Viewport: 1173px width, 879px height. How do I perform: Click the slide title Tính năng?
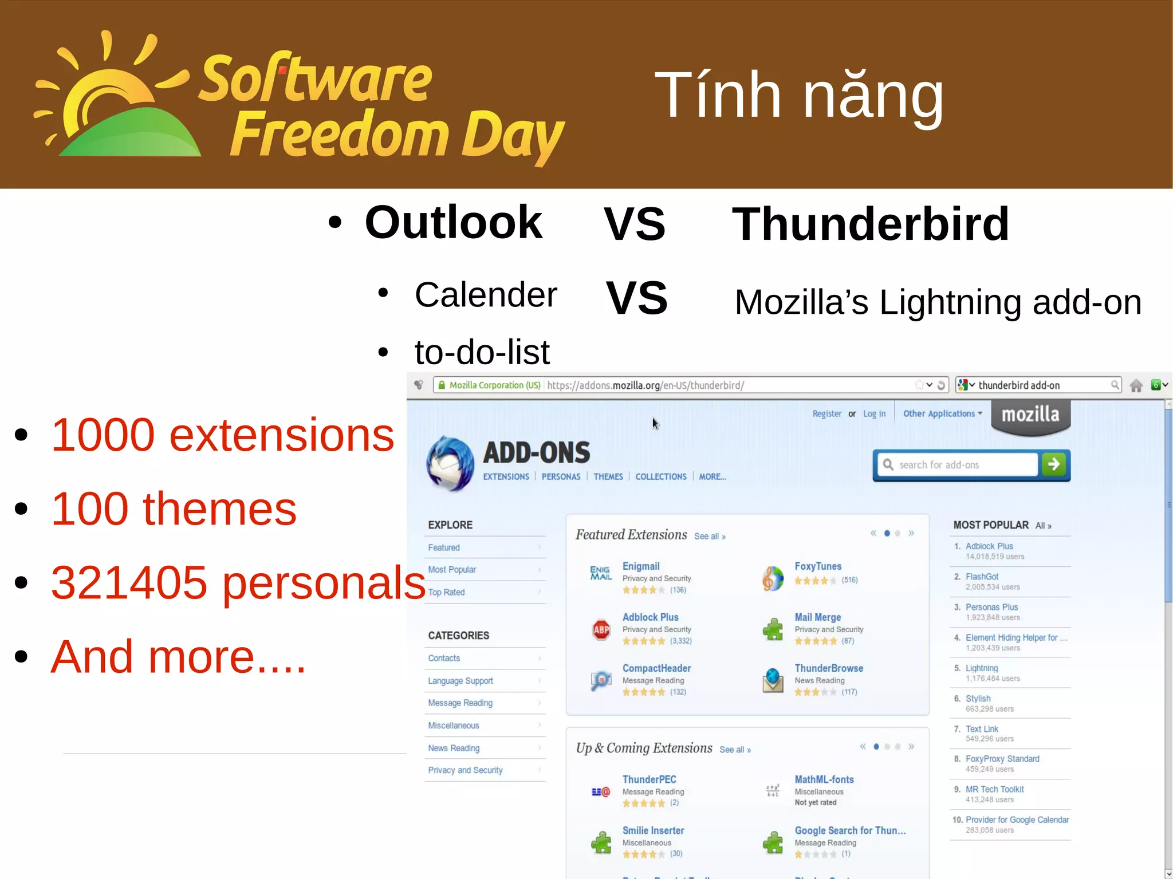(798, 96)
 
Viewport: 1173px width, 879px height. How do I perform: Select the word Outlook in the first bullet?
(453, 223)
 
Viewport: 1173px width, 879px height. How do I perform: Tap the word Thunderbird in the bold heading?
(870, 224)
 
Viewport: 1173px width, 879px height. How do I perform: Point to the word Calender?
(485, 295)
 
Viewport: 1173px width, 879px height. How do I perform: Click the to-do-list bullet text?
(482, 352)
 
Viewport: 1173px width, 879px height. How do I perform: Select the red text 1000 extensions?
(222, 435)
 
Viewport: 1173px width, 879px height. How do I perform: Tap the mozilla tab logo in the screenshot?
(1030, 415)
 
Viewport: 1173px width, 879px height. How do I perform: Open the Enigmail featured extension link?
(640, 566)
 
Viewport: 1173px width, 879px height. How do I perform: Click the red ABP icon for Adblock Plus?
(601, 630)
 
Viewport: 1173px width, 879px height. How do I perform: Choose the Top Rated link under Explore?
(446, 592)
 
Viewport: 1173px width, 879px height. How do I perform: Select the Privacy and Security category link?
(465, 770)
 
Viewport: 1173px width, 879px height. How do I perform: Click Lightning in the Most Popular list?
(981, 668)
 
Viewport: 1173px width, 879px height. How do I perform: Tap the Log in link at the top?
(874, 413)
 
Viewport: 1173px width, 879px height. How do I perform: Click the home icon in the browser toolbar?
(1136, 385)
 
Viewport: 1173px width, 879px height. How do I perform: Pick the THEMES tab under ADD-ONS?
(608, 476)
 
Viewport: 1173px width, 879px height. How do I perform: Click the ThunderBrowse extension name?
(828, 668)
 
